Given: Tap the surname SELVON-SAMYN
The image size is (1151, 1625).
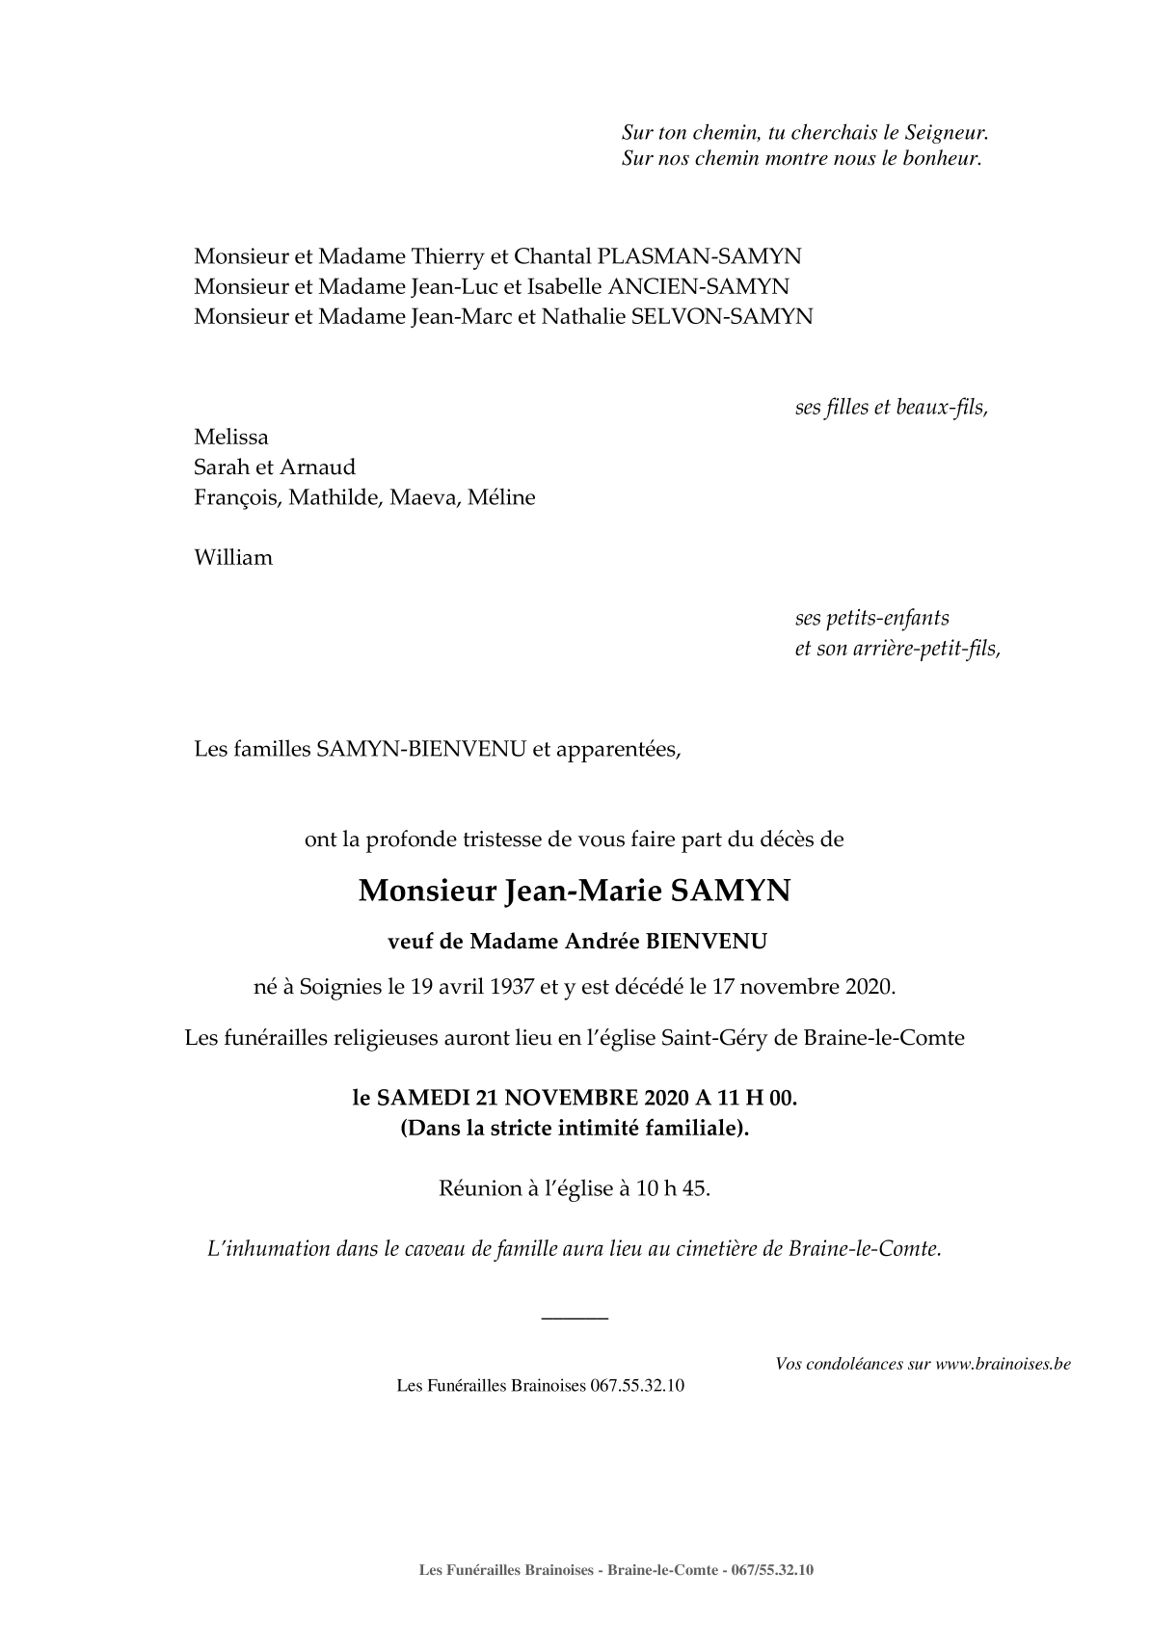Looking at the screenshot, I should (x=721, y=316).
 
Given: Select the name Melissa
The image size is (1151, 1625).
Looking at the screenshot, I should (x=231, y=437).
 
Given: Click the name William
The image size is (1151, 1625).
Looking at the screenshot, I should (x=233, y=557).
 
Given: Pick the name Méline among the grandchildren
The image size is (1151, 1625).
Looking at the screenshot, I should (x=501, y=497).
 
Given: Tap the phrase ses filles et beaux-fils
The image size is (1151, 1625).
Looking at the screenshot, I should (x=891, y=407).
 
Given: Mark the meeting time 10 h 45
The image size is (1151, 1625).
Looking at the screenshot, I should (x=673, y=1188).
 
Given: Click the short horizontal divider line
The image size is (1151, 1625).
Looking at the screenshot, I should (x=575, y=1317).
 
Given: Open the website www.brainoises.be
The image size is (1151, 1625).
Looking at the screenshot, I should (x=1003, y=1364).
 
